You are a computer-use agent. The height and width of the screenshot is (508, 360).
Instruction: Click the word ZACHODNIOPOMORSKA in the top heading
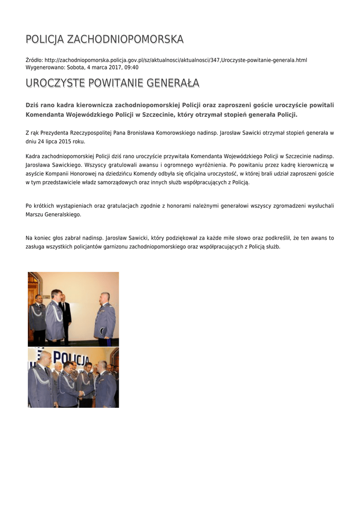point(125,39)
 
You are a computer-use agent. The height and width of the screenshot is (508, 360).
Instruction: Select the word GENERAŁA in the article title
point(173,82)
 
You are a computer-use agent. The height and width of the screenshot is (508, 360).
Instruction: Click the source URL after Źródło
point(176,60)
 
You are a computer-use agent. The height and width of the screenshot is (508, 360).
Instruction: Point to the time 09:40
point(132,67)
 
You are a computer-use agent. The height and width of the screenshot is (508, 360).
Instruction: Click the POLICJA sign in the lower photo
point(71,359)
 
